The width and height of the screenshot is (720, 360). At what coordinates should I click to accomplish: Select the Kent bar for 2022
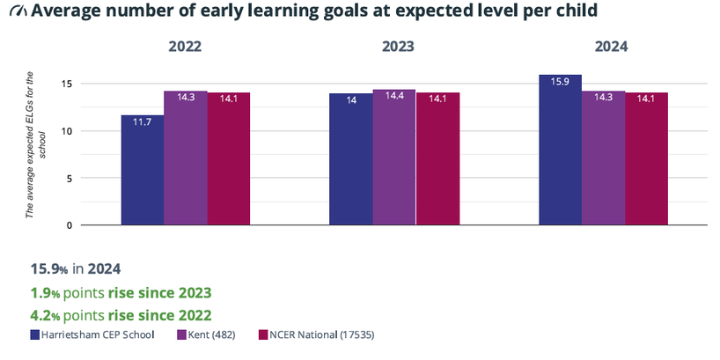point(185,158)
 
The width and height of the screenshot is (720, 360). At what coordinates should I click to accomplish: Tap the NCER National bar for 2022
point(228,158)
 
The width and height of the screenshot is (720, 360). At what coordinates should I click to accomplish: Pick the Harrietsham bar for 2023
point(350,159)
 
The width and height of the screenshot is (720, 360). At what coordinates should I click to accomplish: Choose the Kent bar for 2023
point(393,158)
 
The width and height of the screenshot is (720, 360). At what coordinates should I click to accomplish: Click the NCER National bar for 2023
point(437,158)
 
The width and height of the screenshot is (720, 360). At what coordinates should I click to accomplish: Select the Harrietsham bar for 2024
point(560,150)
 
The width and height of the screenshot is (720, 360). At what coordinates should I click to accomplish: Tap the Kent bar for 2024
point(603,158)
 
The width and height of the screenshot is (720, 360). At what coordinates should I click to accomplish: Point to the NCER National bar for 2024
point(645,158)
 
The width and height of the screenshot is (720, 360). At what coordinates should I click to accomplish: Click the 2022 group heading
point(186,48)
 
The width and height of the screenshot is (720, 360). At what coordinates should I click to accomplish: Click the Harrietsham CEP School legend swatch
point(35,334)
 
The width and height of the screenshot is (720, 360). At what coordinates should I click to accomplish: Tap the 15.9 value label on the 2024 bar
point(560,82)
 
